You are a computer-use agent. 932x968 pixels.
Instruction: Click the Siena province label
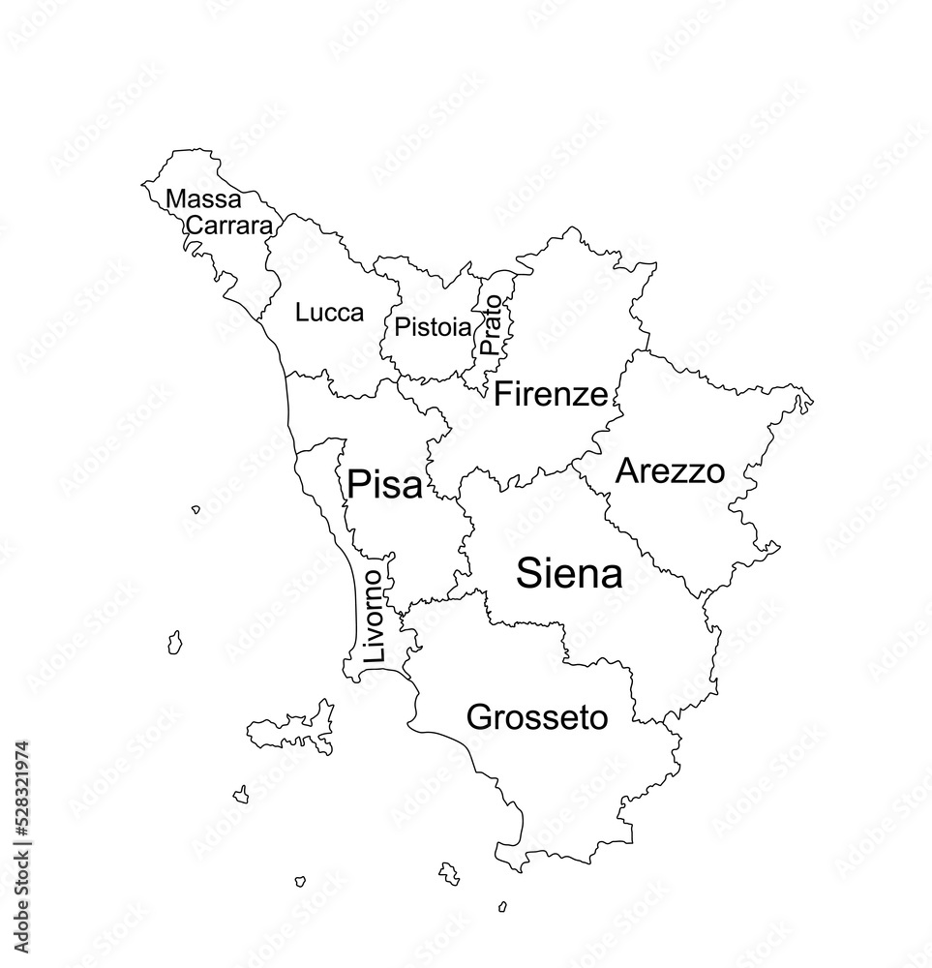(569, 574)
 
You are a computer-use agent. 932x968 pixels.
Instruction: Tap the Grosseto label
(537, 717)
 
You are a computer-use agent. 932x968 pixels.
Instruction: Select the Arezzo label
(670, 471)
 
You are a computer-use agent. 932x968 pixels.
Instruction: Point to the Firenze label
(551, 394)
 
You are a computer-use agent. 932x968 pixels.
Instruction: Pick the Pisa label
(384, 484)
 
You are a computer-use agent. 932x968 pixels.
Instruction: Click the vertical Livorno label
(375, 616)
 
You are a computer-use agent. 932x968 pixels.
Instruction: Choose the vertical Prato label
(492, 324)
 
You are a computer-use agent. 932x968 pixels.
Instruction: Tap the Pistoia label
(433, 327)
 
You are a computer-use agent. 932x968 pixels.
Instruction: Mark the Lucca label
(329, 313)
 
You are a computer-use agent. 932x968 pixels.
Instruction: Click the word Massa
(203, 199)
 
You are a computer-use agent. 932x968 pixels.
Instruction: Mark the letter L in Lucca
(302, 313)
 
